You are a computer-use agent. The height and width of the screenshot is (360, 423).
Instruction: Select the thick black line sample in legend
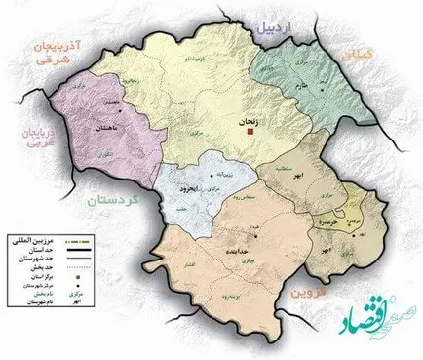point(72,248)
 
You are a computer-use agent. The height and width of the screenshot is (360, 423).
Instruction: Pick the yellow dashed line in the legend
point(72,239)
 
